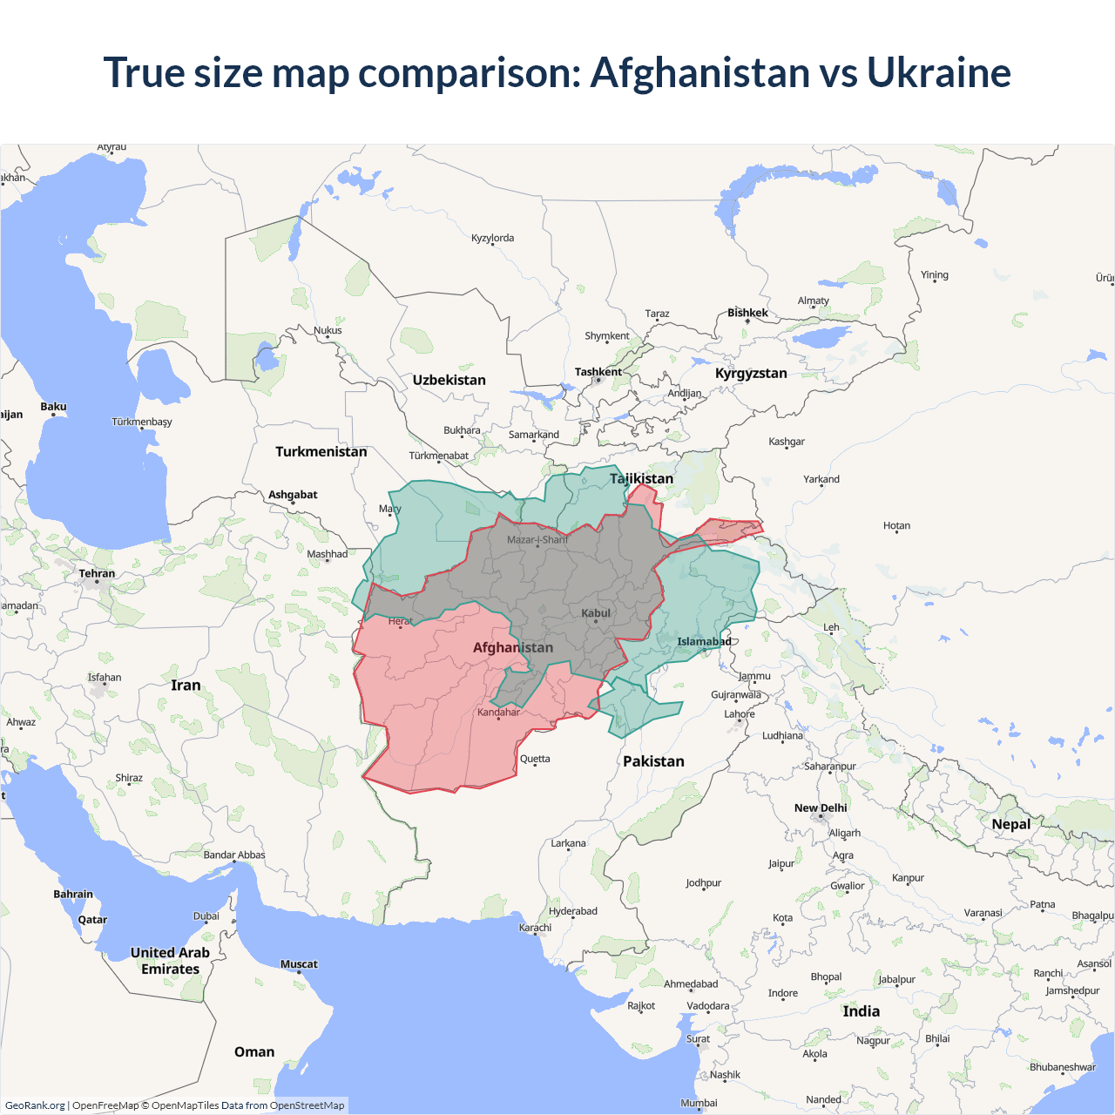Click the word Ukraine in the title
pos(938,72)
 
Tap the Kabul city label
pos(596,613)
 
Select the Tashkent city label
pos(598,372)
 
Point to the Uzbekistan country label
pos(449,380)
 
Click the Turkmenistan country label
pos(321,451)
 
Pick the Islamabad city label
pos(704,642)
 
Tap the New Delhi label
pos(820,808)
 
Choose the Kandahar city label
pos(498,713)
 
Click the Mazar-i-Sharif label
pos(537,540)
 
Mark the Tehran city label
pos(97,573)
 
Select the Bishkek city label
pos(747,313)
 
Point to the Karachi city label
pos(535,928)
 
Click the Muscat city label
pos(299,964)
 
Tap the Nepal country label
pos(1010,824)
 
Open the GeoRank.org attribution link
pos(35,1105)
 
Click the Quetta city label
pos(535,759)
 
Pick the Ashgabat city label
pos(293,495)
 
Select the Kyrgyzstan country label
pos(751,373)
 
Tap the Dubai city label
pos(206,916)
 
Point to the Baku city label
pos(53,407)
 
